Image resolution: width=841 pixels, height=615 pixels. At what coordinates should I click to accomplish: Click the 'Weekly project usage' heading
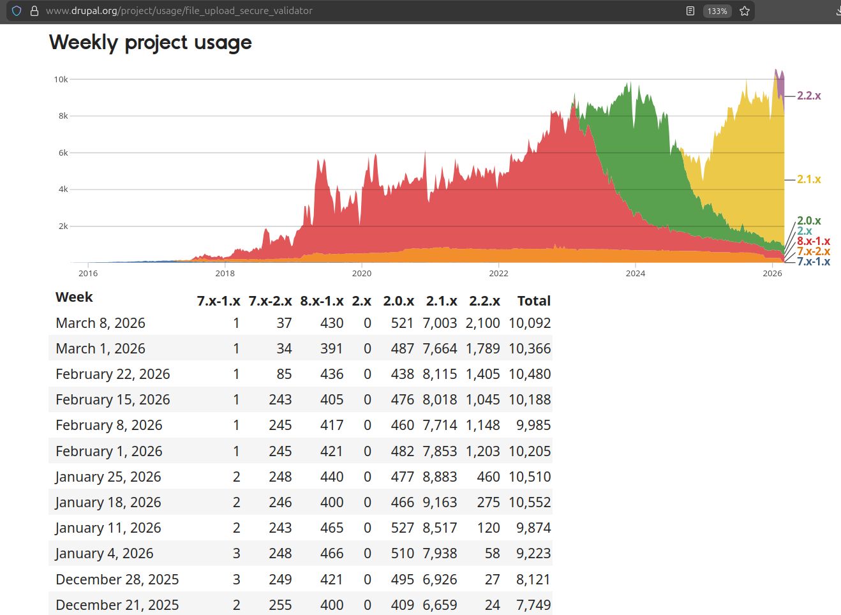[x=151, y=43]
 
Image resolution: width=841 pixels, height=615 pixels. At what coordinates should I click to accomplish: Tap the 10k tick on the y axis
[x=61, y=80]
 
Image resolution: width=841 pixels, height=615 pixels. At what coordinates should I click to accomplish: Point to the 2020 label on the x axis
[x=362, y=273]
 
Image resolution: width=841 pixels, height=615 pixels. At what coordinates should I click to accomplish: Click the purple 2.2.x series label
[x=808, y=96]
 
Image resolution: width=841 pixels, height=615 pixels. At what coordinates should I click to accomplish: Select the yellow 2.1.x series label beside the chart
[x=808, y=179]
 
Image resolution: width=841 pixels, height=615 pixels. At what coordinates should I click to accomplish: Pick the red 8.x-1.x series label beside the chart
[x=814, y=241]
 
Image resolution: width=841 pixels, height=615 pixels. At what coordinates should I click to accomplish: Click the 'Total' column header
[x=533, y=301]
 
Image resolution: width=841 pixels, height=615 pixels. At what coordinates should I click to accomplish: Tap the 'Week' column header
[x=74, y=297]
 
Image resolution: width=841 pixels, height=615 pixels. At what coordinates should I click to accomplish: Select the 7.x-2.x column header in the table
[x=270, y=301]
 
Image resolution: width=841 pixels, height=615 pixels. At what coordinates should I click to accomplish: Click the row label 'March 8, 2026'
[x=100, y=323]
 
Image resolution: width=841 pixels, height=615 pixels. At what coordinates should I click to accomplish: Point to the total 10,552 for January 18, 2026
[x=530, y=503]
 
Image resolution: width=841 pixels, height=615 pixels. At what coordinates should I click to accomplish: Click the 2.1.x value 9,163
[x=440, y=503]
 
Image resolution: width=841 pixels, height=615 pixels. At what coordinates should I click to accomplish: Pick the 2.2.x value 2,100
[x=482, y=323]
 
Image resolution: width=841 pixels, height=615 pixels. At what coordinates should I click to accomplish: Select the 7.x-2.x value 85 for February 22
[x=284, y=374]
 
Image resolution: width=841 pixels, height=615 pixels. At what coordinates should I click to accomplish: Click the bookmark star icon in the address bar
[x=744, y=11]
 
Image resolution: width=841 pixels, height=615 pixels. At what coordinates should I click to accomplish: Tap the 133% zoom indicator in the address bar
[x=717, y=11]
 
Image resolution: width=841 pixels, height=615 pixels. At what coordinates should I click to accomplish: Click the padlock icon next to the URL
[x=34, y=11]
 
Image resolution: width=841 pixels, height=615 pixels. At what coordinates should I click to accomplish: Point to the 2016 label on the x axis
[x=88, y=273]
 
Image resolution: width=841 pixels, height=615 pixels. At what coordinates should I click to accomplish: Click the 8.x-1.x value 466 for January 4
[x=331, y=554]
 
